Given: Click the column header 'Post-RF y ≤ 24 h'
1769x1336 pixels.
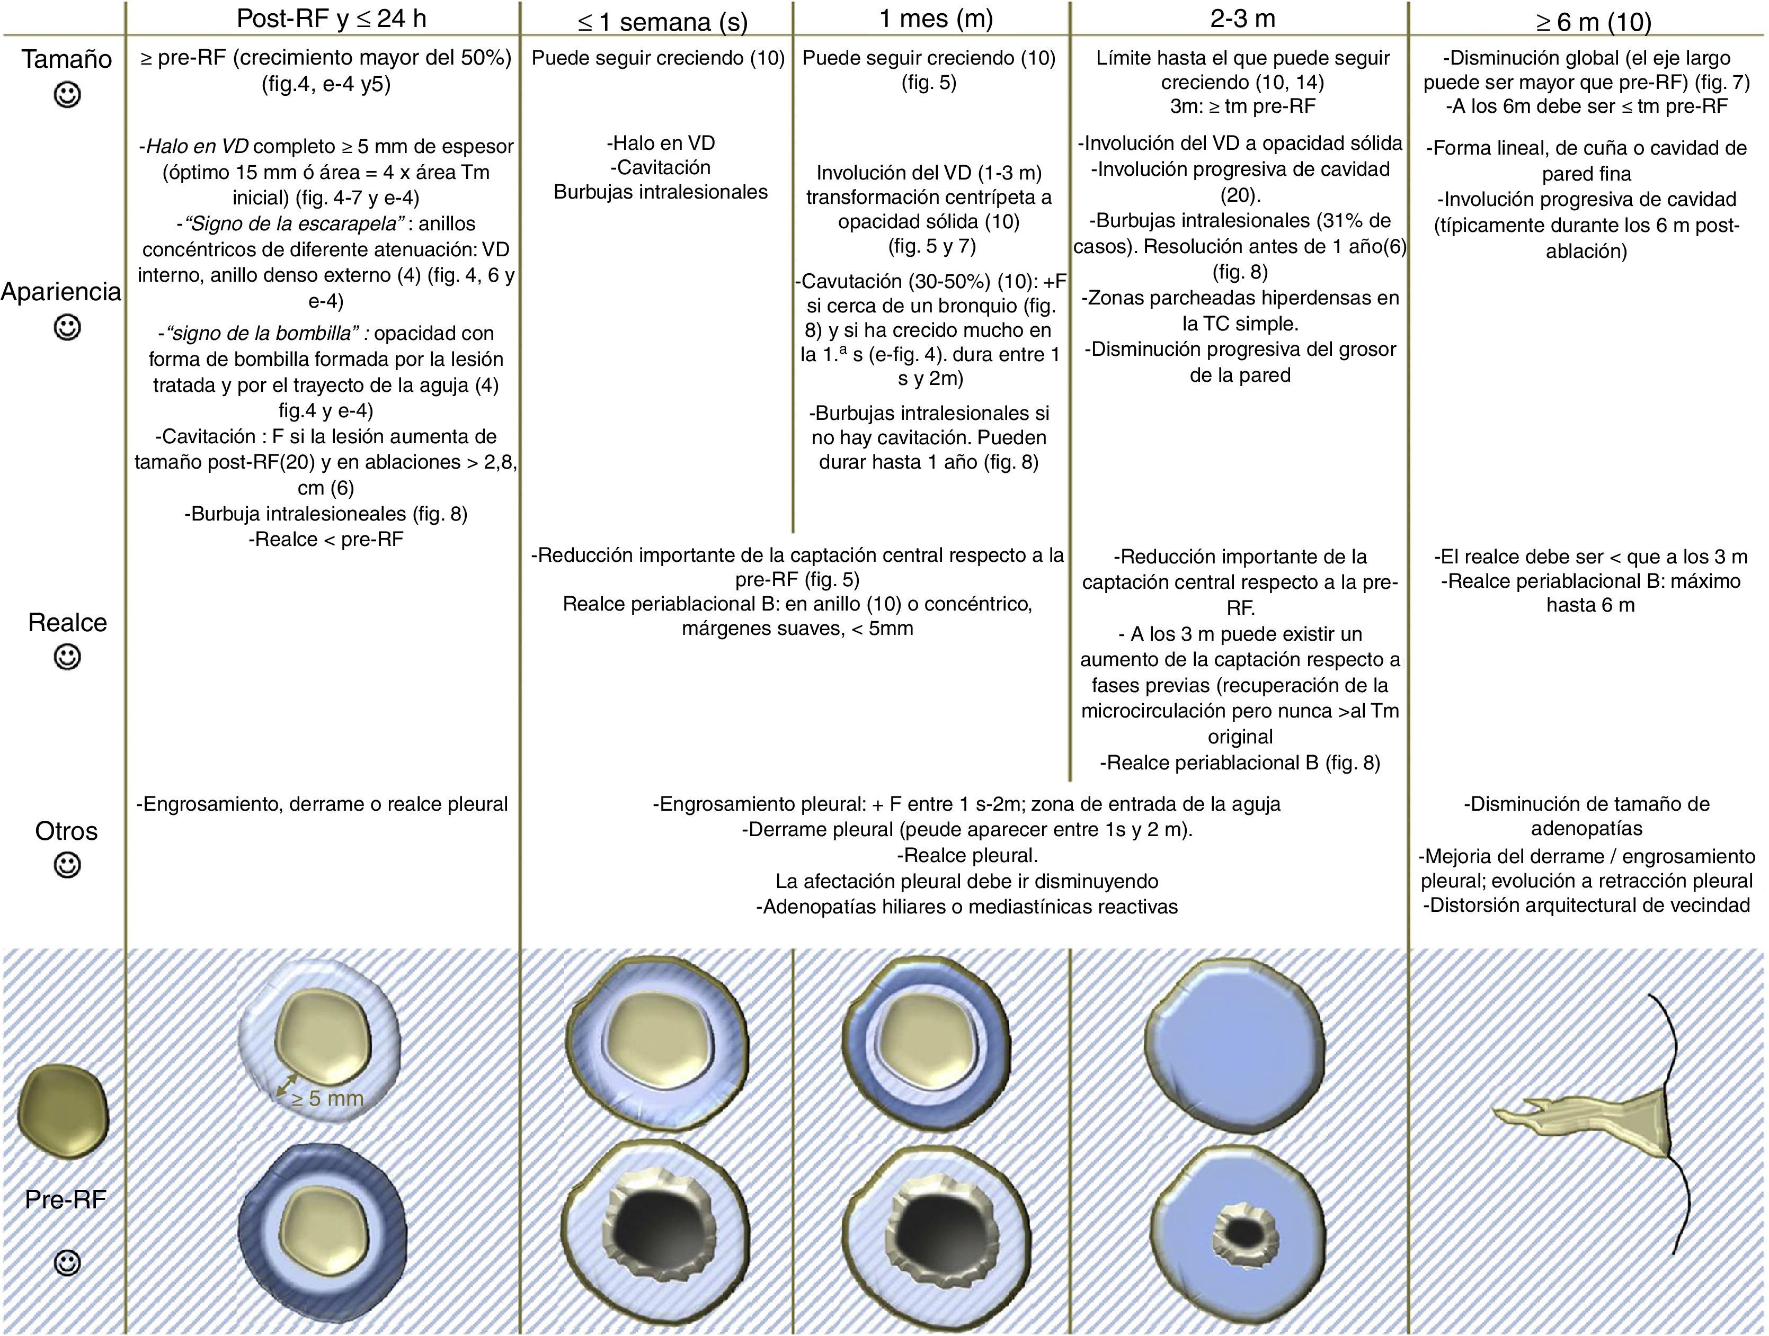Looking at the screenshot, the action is point(331,19).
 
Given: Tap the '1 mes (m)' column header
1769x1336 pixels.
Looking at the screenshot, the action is point(936,19).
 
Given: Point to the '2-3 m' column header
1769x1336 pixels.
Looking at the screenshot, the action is point(1242,19).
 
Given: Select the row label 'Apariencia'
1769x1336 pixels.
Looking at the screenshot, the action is point(61,292).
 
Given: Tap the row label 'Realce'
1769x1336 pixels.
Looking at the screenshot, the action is point(67,622).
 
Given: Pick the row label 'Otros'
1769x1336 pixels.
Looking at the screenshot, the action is point(66,831).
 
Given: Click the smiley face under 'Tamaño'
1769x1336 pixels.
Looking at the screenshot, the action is point(67,96).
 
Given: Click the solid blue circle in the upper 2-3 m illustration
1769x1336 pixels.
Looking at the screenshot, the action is point(1235,1041).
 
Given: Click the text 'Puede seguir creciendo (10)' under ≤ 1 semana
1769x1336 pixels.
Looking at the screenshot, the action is point(657,58).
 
